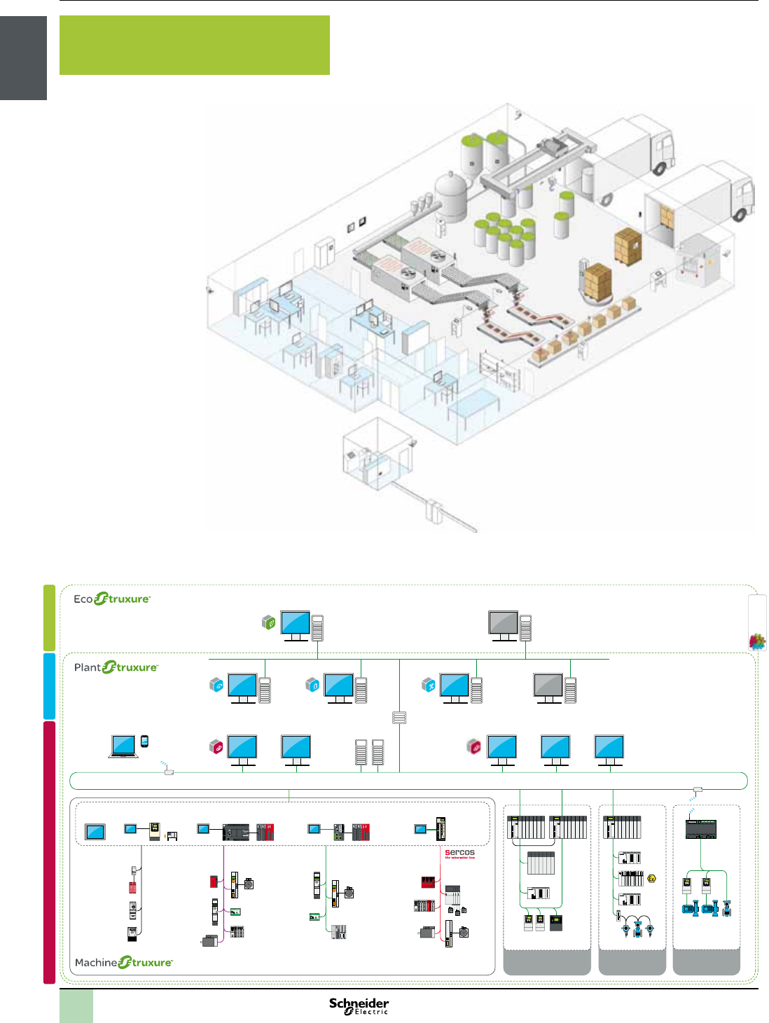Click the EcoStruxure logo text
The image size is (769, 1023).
pyautogui.click(x=112, y=599)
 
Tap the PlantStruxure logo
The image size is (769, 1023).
pyautogui.click(x=116, y=667)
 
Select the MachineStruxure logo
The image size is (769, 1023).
pyautogui.click(x=124, y=963)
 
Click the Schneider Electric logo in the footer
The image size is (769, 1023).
pyautogui.click(x=359, y=1006)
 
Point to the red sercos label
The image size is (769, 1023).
pyautogui.click(x=459, y=854)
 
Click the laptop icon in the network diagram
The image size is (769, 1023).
pyautogui.click(x=123, y=746)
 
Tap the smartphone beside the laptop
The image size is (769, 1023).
pyautogui.click(x=144, y=742)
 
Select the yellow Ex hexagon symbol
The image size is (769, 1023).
pyautogui.click(x=652, y=878)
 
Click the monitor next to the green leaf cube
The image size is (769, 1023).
pyautogui.click(x=296, y=625)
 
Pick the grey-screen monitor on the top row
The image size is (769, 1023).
pyautogui.click(x=504, y=625)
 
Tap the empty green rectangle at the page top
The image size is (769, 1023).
pyautogui.click(x=194, y=45)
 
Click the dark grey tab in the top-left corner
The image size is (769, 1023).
pyautogui.click(x=23, y=58)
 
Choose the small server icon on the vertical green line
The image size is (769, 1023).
pyautogui.click(x=399, y=718)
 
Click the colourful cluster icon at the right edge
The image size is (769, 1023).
pyautogui.click(x=757, y=641)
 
